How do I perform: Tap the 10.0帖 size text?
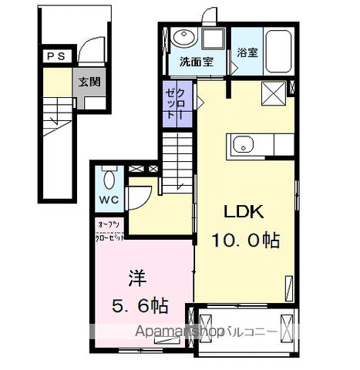click(241, 240)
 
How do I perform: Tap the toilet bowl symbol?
click(107, 182)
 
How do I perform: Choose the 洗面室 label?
click(196, 61)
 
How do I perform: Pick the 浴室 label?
click(247, 54)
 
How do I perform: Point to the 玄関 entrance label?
click(86, 81)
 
